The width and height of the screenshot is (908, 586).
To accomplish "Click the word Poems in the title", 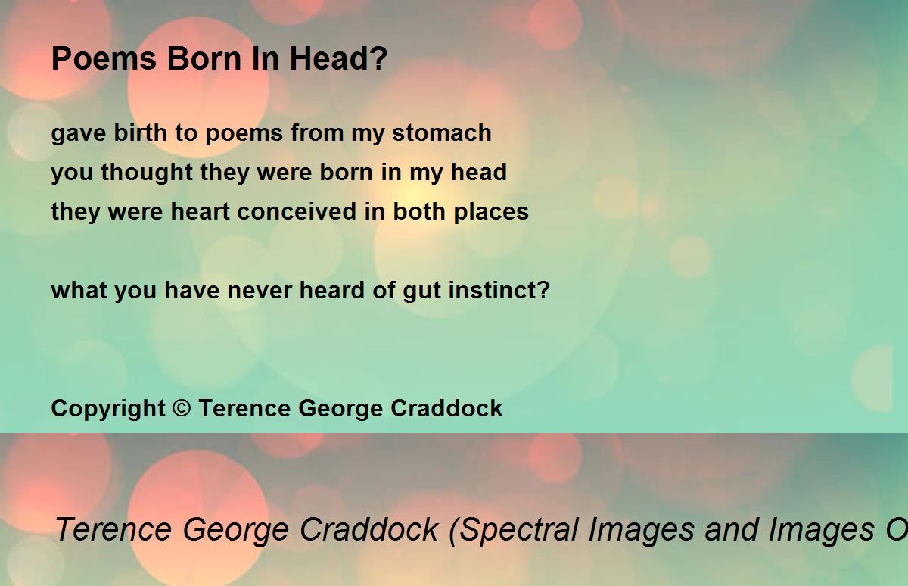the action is click(104, 58).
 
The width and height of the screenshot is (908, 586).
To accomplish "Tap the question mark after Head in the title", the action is click(379, 58).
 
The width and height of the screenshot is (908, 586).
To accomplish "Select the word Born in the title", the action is click(205, 58).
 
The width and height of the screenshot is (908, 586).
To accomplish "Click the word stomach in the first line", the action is click(442, 132).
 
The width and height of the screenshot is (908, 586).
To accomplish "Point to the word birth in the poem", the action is click(140, 132).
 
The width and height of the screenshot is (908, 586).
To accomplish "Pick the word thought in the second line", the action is click(147, 173).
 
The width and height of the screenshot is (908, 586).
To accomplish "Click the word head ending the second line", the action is click(479, 172).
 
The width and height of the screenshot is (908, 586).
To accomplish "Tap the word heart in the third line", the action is click(201, 211).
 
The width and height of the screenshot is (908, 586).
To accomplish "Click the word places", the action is click(491, 213).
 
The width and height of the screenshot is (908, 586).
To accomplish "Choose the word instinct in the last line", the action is click(493, 290).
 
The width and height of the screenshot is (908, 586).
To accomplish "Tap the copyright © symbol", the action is click(182, 407).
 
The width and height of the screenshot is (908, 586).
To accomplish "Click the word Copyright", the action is click(108, 409).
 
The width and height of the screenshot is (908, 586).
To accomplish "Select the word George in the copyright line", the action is click(340, 409).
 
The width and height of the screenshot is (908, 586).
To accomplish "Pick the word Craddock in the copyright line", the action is click(446, 408).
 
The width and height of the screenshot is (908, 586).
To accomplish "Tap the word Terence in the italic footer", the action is click(113, 529).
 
